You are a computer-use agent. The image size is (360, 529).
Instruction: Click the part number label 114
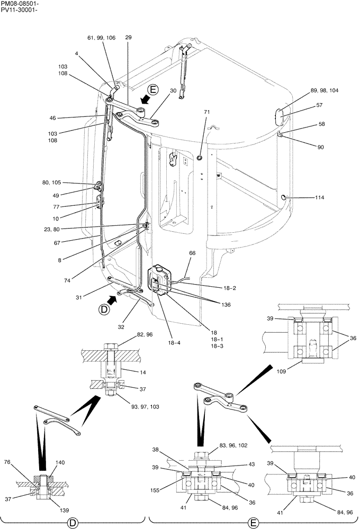click(x=319, y=197)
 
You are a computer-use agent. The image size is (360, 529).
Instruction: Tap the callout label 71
click(x=207, y=112)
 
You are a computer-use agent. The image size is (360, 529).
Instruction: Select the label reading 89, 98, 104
click(x=325, y=90)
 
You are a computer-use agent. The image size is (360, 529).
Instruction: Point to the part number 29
click(x=129, y=37)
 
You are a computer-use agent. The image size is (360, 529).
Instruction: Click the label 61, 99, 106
click(x=101, y=38)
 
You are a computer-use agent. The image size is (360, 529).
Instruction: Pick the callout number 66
click(x=192, y=253)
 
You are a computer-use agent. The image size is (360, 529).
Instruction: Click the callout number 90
click(x=321, y=147)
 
